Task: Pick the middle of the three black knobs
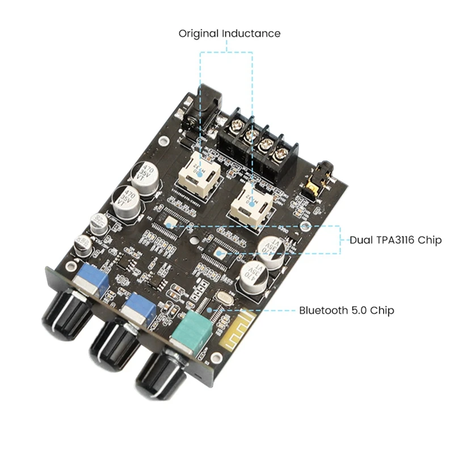113,343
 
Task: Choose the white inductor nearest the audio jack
249,201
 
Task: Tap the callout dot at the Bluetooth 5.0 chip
210,310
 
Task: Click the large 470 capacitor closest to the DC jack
146,173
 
